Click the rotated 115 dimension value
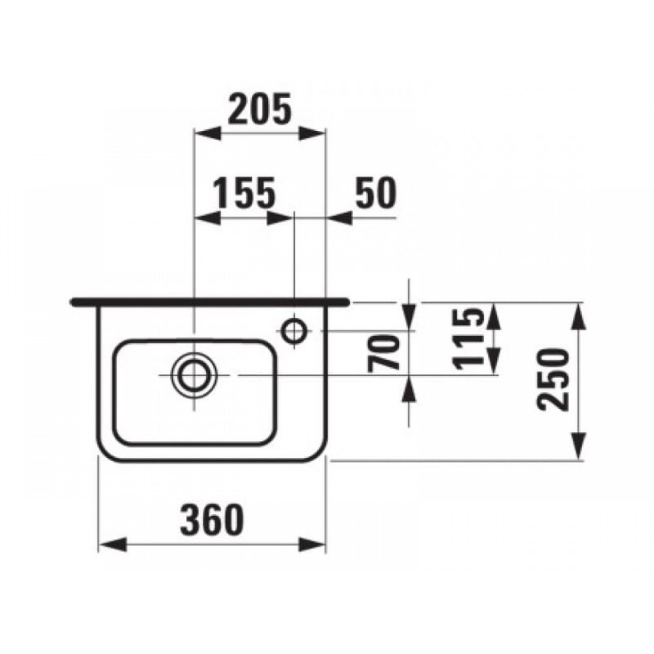468,339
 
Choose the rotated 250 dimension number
553,381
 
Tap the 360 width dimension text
211,519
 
